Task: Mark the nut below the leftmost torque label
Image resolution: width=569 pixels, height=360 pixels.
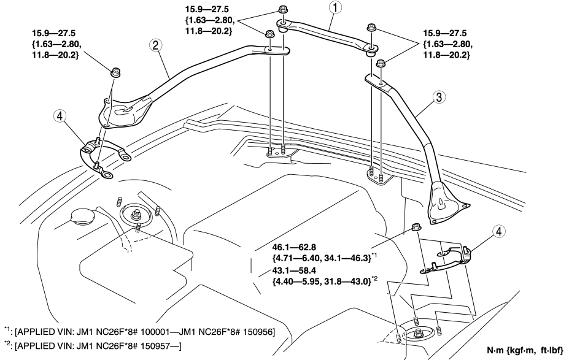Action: click(x=115, y=73)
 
